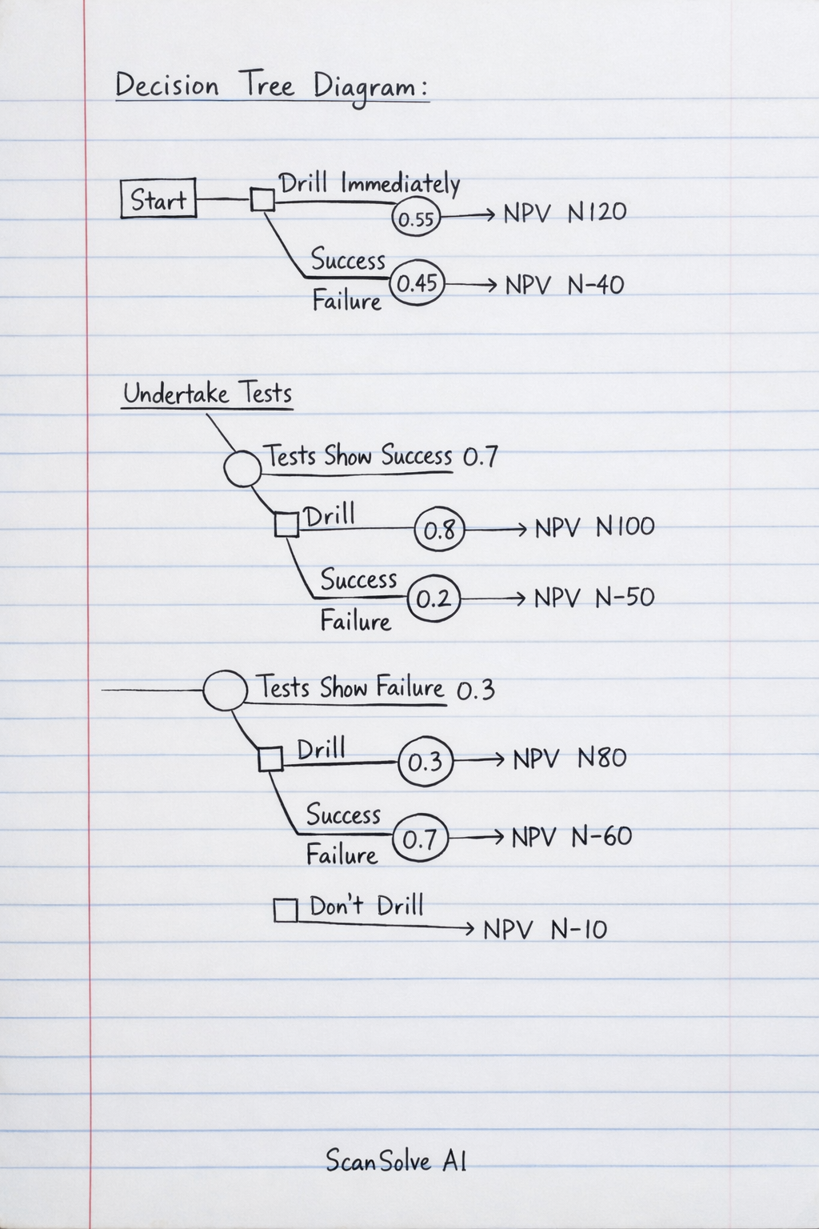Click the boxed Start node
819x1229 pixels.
(158, 199)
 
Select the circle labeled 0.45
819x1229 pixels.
(417, 282)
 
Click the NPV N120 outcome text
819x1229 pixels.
(565, 213)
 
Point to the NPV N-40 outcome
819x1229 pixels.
(564, 285)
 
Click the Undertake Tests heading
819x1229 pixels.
(207, 394)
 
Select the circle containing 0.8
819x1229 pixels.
(439, 529)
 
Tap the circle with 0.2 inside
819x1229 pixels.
(434, 599)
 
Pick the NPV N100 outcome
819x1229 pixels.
(594, 527)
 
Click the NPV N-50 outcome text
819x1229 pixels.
(593, 598)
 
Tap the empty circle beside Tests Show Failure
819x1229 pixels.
(225, 690)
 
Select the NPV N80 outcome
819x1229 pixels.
(569, 759)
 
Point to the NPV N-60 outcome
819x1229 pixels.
(572, 837)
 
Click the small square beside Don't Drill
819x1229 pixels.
(286, 910)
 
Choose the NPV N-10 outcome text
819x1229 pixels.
(545, 929)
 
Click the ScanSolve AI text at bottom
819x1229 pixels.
(395, 1161)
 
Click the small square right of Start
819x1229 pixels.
(262, 199)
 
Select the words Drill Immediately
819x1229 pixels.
(369, 183)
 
